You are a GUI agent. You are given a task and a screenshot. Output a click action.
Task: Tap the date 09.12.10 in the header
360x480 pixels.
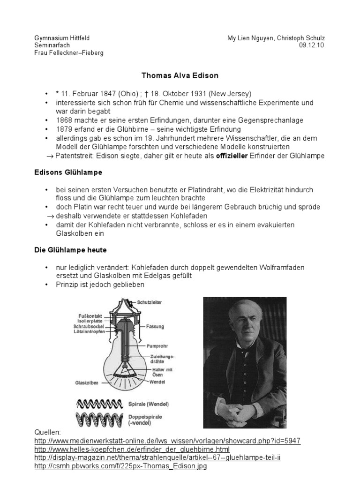tap(311, 45)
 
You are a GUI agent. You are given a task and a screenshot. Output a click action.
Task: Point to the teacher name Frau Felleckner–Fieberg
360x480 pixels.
tap(69, 52)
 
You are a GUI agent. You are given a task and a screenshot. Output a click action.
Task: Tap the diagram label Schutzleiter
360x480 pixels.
tap(150, 302)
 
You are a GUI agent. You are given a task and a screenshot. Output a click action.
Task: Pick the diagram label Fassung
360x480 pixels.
tap(155, 326)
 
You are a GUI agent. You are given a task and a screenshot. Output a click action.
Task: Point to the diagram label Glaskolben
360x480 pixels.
tap(87, 382)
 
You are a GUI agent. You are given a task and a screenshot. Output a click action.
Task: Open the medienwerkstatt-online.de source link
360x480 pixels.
tap(167, 441)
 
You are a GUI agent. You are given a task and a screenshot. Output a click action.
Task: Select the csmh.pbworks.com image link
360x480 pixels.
tap(120, 466)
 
